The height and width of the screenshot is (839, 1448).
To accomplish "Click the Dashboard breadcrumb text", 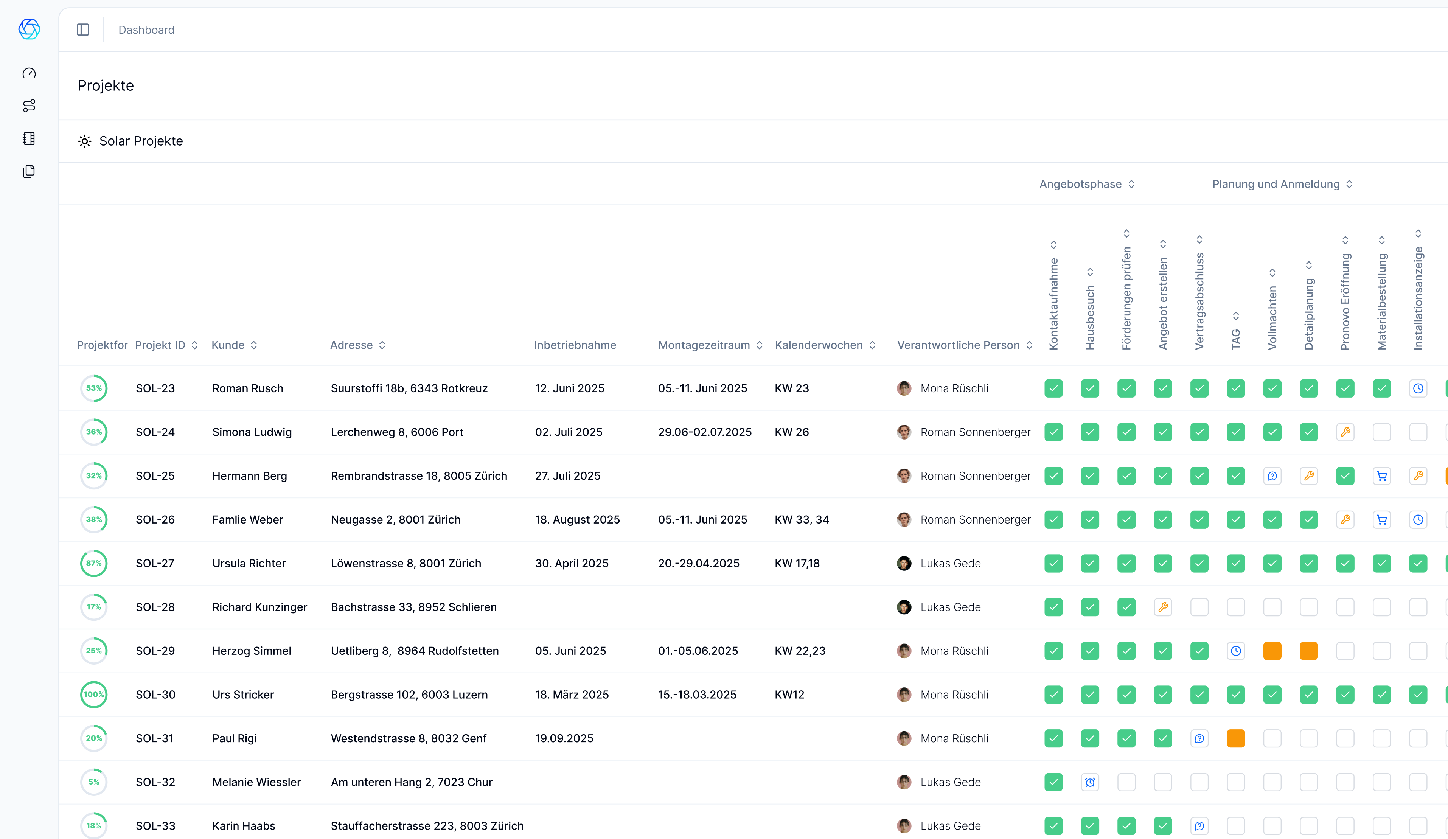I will (x=146, y=30).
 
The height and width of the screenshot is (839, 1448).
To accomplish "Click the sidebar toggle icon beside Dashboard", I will (x=83, y=30).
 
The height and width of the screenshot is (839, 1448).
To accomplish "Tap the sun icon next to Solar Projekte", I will (x=84, y=141).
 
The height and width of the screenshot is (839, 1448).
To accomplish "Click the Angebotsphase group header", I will (x=1080, y=184).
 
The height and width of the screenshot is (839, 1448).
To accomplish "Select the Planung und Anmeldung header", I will (x=1276, y=184).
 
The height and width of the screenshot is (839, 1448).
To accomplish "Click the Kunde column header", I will (x=228, y=345).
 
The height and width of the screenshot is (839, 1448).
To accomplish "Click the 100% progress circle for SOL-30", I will (x=94, y=694).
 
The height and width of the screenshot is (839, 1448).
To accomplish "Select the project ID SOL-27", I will (x=155, y=563).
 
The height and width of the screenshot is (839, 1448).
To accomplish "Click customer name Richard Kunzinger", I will (x=260, y=607).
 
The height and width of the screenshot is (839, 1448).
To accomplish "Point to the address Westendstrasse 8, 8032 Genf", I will (x=409, y=738).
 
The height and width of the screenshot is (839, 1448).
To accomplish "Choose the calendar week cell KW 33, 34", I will (x=802, y=519).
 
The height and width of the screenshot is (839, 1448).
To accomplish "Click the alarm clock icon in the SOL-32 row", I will (x=1090, y=782).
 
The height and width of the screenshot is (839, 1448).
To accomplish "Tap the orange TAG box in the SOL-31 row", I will (x=1235, y=738).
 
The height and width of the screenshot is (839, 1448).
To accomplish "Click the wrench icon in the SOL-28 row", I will (x=1163, y=607).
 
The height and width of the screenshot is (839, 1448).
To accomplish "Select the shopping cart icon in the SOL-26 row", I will (x=1381, y=519).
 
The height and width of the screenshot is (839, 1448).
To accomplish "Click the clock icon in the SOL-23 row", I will (x=1418, y=388).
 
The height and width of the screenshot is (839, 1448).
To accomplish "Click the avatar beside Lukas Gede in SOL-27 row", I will (x=904, y=563).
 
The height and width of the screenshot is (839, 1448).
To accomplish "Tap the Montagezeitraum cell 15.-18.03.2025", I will (x=697, y=694).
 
